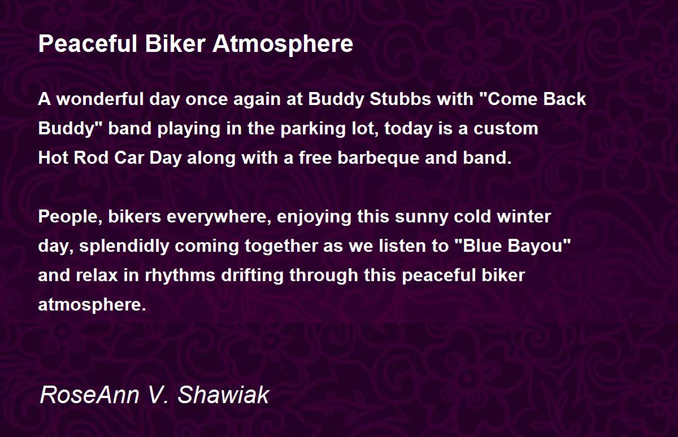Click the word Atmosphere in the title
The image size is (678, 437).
[x=282, y=45]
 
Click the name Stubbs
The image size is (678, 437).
[x=400, y=99]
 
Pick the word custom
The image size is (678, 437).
[x=506, y=129]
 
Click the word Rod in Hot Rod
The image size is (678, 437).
[x=91, y=158]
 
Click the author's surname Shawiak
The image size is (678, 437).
[x=223, y=395]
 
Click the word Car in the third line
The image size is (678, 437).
[x=129, y=158]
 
